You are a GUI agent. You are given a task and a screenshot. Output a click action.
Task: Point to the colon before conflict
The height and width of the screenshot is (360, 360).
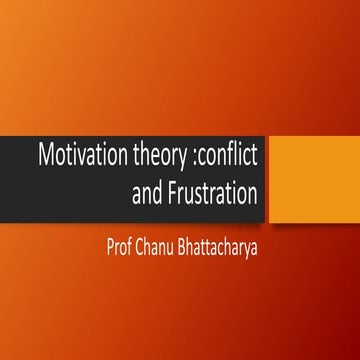tap(185, 158)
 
